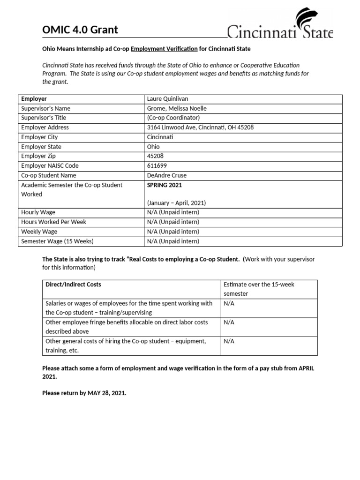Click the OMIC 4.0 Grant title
coord(80,30)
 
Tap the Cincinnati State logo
coord(280,25)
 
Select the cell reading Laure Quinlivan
coord(168,99)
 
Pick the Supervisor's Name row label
coord(46,108)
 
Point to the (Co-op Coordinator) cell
coord(173,118)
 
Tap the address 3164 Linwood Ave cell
coord(201,127)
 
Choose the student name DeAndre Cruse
coord(166,175)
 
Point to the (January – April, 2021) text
coord(176,203)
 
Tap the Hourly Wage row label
coord(39,212)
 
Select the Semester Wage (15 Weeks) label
coord(57,241)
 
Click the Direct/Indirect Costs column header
coord(73,285)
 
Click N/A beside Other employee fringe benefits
coord(229,322)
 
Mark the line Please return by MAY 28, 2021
coord(84,393)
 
